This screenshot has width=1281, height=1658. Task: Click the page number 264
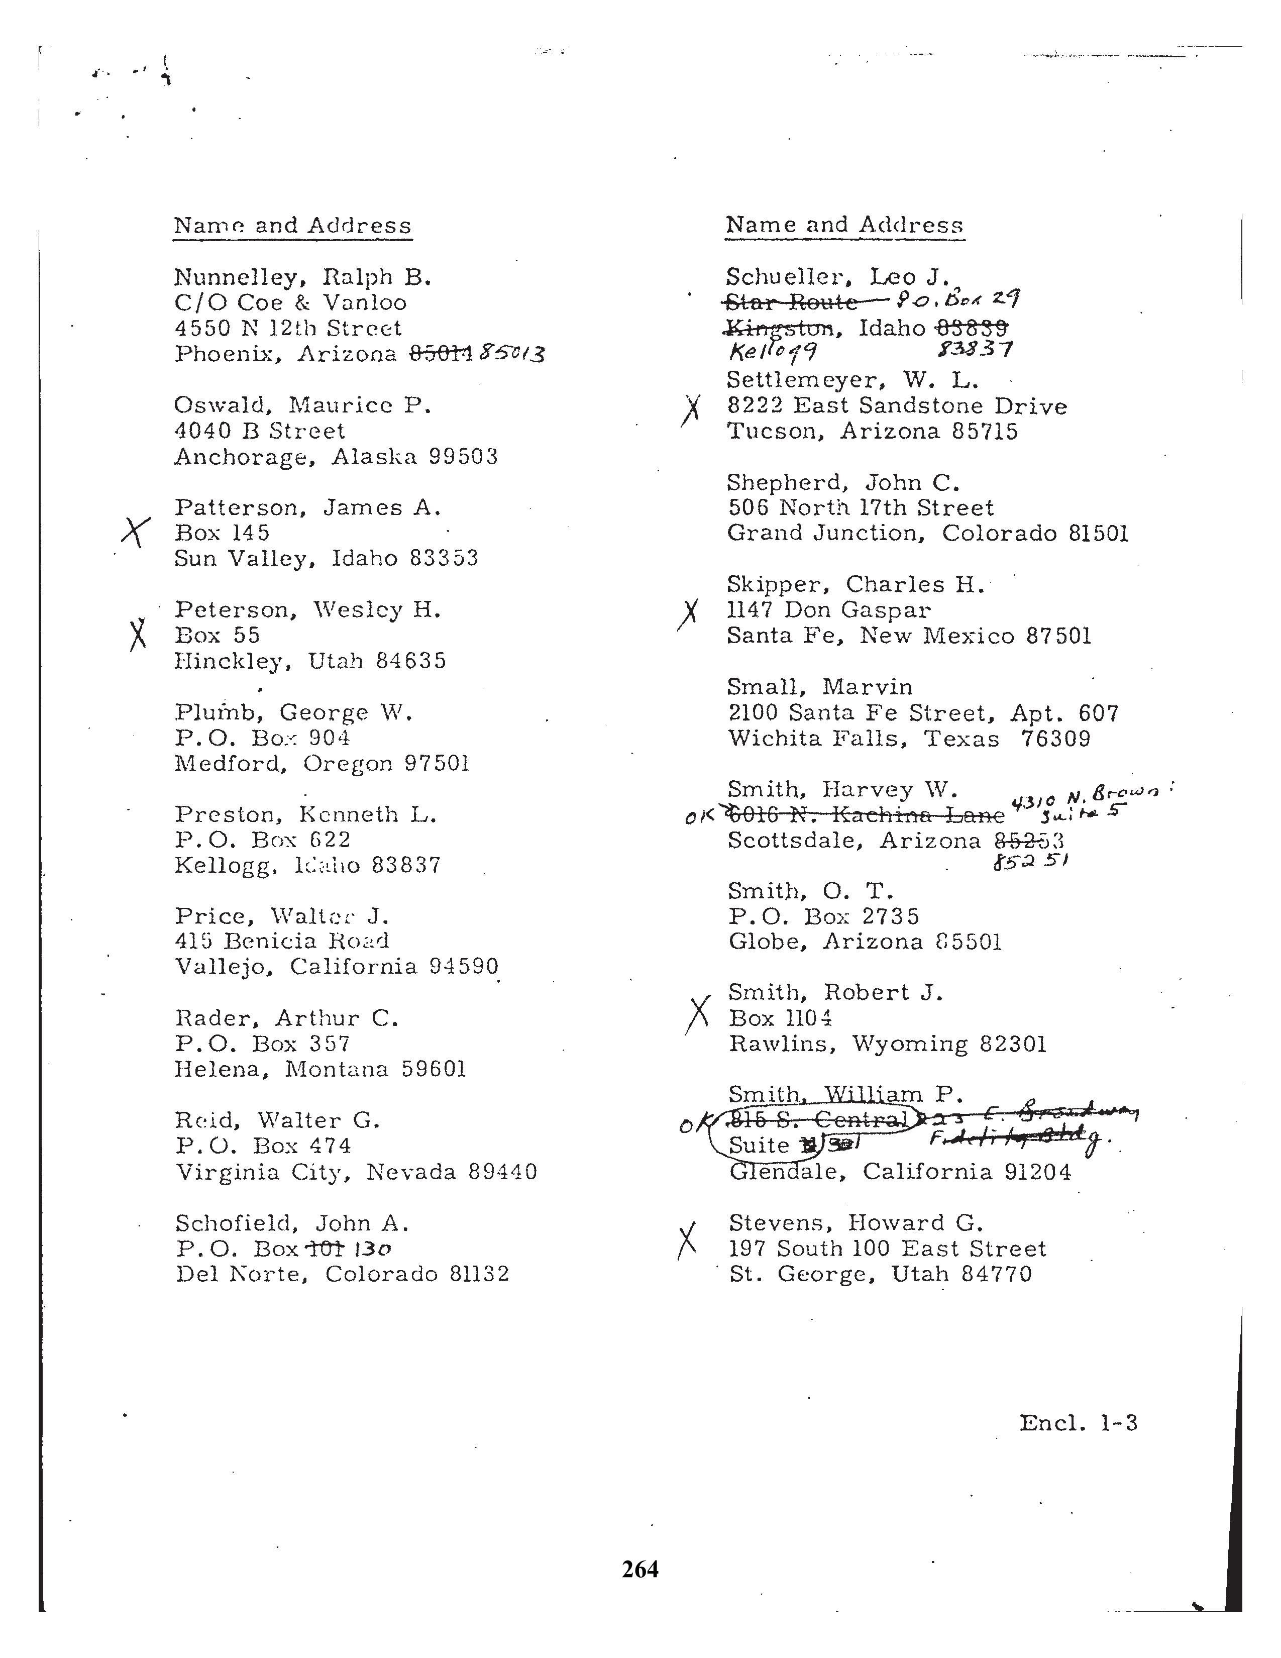[x=639, y=1569]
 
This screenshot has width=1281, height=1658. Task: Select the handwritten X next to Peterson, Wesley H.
[x=137, y=634]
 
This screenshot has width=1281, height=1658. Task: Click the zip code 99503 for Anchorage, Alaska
[x=463, y=457]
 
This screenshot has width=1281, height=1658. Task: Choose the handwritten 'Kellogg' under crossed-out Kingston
[x=773, y=352]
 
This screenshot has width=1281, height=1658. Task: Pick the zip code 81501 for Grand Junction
[x=1098, y=533]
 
